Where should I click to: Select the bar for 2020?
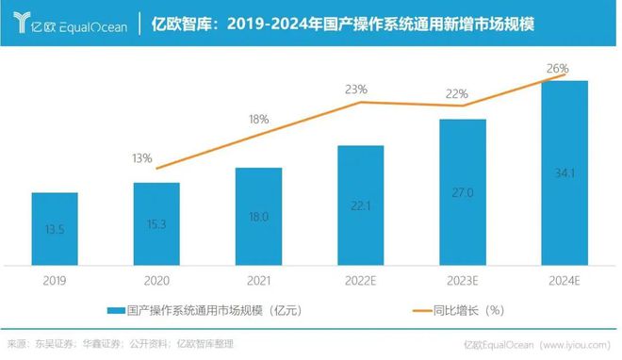pos(156,222)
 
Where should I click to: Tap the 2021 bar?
pos(258,215)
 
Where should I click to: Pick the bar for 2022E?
pos(360,205)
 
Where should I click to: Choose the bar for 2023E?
pos(462,191)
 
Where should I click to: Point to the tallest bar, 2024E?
pos(564,172)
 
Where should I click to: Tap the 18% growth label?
pos(258,121)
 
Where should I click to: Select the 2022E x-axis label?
pos(360,279)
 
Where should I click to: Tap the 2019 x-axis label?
pos(55,279)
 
